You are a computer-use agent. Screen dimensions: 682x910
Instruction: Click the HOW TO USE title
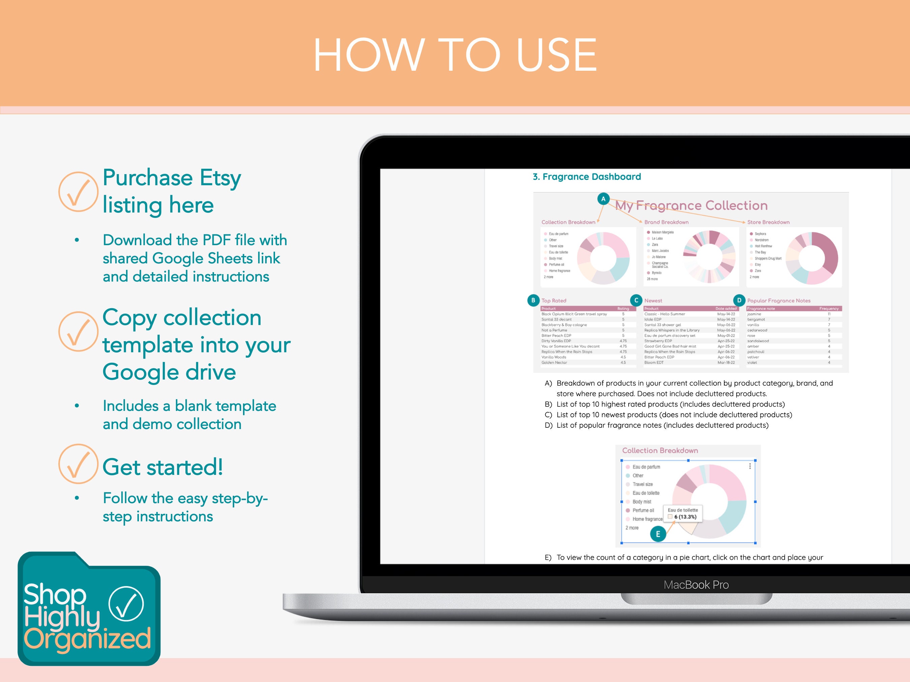click(455, 55)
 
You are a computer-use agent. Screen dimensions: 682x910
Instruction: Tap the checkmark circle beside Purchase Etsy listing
click(78, 192)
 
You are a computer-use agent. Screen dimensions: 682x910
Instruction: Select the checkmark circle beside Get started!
click(78, 464)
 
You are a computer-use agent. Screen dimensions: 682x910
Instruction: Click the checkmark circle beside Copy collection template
click(78, 331)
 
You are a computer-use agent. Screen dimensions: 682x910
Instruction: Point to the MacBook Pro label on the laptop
click(696, 585)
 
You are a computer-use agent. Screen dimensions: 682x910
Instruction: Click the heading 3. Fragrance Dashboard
click(587, 177)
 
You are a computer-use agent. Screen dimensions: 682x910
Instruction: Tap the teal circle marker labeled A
click(603, 199)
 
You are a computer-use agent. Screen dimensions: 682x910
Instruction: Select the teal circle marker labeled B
click(533, 300)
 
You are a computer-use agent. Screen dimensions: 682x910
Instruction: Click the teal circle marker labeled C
click(636, 300)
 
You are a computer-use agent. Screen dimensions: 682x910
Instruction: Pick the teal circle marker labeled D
click(739, 300)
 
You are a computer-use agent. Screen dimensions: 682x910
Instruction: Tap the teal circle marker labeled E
click(658, 534)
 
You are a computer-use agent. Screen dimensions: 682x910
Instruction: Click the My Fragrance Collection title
click(691, 205)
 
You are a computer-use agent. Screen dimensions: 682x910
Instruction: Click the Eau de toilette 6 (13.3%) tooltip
click(682, 514)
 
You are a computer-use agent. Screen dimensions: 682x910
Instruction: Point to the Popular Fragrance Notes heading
click(778, 300)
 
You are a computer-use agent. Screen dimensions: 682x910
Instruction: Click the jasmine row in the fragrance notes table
click(794, 314)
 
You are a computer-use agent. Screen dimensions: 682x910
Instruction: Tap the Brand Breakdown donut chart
click(709, 257)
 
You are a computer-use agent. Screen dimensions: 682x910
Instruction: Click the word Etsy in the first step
click(220, 178)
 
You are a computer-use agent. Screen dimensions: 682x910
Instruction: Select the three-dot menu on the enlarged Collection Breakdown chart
click(750, 466)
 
